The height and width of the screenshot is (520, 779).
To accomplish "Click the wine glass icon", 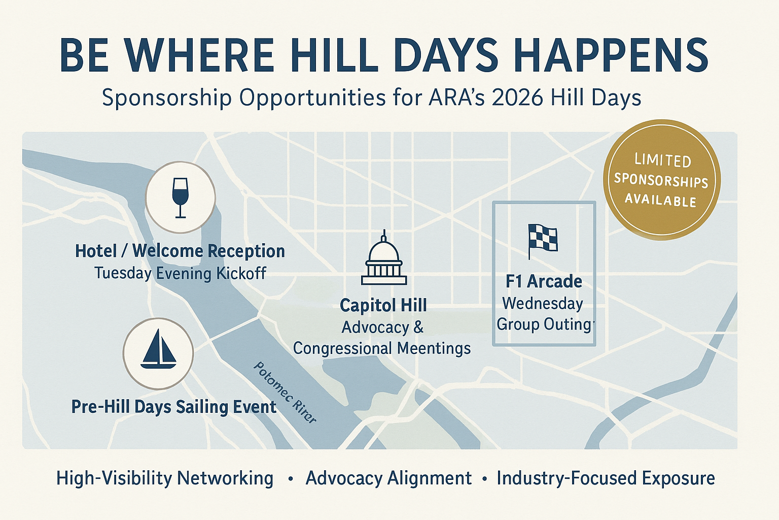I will [x=180, y=197].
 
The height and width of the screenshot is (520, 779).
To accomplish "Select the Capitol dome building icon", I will [x=384, y=258].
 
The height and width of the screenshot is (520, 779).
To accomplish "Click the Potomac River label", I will [x=285, y=392].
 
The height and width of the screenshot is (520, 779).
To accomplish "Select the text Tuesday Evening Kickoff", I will [x=180, y=273].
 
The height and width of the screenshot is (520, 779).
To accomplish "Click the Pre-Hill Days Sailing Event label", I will [x=173, y=407].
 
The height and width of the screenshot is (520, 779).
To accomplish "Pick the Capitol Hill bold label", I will [x=383, y=305].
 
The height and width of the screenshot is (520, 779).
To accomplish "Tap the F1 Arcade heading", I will [x=544, y=281].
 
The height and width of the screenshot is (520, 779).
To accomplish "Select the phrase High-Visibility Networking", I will [x=165, y=478].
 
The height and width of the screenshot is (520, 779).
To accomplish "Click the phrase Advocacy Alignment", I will [x=388, y=478].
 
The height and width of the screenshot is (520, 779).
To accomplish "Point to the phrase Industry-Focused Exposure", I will [x=606, y=478].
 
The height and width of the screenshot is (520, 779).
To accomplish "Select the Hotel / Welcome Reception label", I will [x=180, y=251].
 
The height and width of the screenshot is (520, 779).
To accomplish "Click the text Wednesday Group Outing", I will [x=544, y=313].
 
